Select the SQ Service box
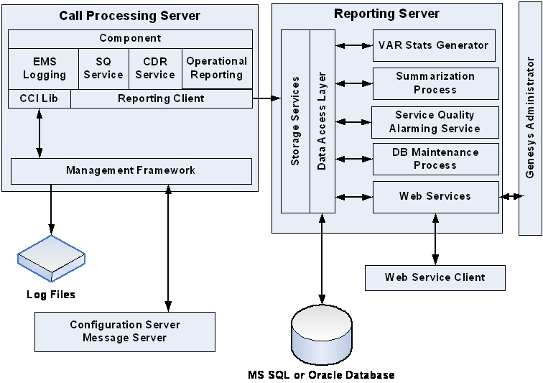(x=103, y=68)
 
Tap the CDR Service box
(x=155, y=68)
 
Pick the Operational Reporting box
(x=217, y=68)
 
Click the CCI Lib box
(x=39, y=98)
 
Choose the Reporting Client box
(x=161, y=98)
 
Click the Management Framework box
(x=131, y=171)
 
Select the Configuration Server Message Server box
(x=125, y=331)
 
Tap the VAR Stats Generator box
(x=435, y=45)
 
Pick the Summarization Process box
(x=435, y=83)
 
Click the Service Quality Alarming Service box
(x=435, y=121)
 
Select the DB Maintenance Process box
(x=435, y=159)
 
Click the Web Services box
(x=435, y=196)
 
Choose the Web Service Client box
(x=435, y=277)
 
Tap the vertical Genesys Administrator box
(x=530, y=119)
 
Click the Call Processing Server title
(x=129, y=16)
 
